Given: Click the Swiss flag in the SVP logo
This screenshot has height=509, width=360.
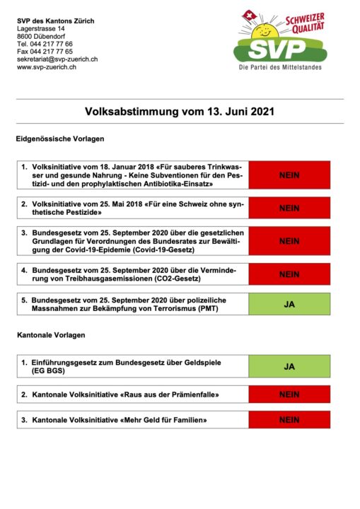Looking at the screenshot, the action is (x=249, y=16).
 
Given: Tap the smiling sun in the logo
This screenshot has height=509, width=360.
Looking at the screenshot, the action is (x=265, y=32).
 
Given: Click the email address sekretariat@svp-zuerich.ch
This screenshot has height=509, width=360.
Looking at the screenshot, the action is (x=57, y=59).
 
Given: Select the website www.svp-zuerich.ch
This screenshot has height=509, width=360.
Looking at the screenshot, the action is (x=47, y=67).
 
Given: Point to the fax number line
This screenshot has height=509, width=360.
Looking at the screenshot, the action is (x=45, y=52).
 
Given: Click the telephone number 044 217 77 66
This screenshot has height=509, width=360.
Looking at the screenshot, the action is (x=52, y=44).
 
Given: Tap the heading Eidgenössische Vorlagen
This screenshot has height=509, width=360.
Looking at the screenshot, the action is (x=60, y=139).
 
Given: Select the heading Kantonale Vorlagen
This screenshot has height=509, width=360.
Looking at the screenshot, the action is (x=51, y=335).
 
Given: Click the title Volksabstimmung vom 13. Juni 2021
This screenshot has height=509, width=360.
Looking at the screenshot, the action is (x=180, y=112).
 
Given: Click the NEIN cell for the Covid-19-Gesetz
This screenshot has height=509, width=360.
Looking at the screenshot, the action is (x=289, y=241).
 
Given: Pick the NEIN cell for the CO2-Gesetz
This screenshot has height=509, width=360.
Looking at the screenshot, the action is (x=289, y=274).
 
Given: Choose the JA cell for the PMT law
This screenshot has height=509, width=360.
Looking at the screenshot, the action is (x=289, y=304).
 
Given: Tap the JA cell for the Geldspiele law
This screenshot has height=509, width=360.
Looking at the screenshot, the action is (x=289, y=366).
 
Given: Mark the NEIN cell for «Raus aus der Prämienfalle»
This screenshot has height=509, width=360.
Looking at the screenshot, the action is (x=289, y=394).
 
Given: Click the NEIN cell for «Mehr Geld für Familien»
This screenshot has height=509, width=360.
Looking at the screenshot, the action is (x=289, y=420).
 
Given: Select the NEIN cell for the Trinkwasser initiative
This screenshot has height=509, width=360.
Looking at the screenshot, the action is (x=289, y=175).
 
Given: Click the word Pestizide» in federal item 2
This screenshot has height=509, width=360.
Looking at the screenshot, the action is (x=84, y=213).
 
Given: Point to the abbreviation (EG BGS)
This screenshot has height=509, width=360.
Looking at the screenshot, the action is (x=48, y=370).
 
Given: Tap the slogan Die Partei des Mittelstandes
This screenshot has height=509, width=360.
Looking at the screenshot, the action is (x=280, y=68).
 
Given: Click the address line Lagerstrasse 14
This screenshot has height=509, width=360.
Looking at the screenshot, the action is (x=40, y=28).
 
